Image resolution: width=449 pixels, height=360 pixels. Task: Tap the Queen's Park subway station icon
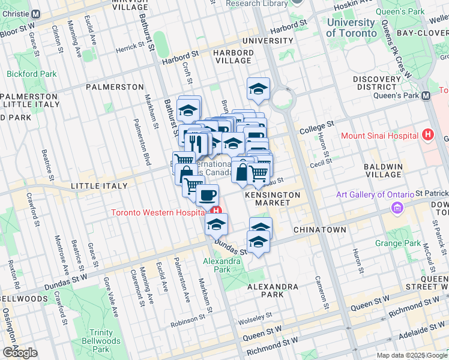click(x=426, y=95)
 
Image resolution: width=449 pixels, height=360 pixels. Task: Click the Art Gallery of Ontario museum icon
click(x=396, y=208)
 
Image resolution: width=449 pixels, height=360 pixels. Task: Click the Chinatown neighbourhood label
click(x=319, y=230)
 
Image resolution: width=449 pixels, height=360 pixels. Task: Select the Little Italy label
click(x=99, y=186)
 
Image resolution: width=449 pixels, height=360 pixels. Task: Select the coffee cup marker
click(x=207, y=195)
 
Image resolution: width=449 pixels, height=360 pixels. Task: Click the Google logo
click(x=20, y=353)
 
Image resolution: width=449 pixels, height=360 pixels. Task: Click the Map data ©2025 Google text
click(x=412, y=355)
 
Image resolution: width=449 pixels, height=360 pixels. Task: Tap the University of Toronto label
click(x=351, y=28)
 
